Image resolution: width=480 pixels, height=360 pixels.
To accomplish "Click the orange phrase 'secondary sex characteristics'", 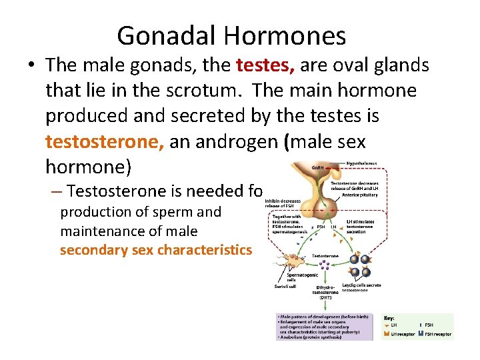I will pos(156,250).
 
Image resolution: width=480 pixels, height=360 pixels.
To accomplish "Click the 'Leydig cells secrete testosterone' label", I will pos(362,288).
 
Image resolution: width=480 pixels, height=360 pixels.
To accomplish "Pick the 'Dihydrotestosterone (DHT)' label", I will pos(328,291).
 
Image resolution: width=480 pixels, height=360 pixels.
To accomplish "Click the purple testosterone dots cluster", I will pos(326,269).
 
